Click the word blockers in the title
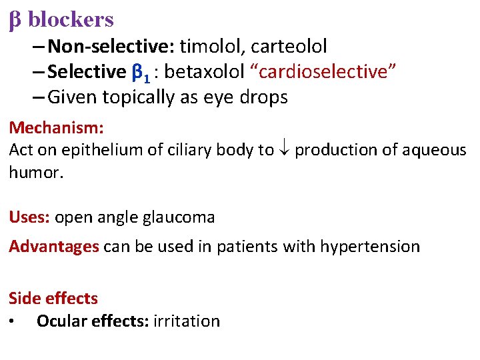tap(71, 19)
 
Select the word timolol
tap(211, 46)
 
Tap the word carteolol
tap(289, 46)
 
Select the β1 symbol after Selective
tap(142, 72)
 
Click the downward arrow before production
tap(284, 150)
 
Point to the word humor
tap(31, 173)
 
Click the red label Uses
tap(29, 217)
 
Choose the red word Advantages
tap(54, 247)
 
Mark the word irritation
tap(187, 321)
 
